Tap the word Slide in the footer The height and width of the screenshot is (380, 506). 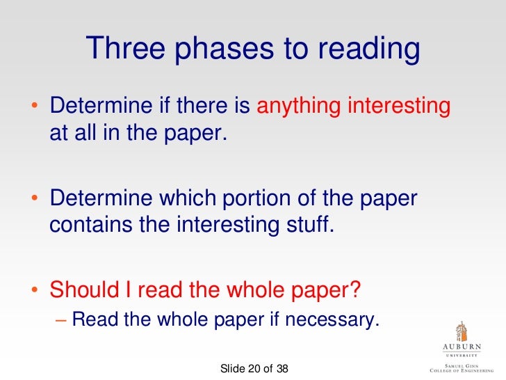coord(233,368)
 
